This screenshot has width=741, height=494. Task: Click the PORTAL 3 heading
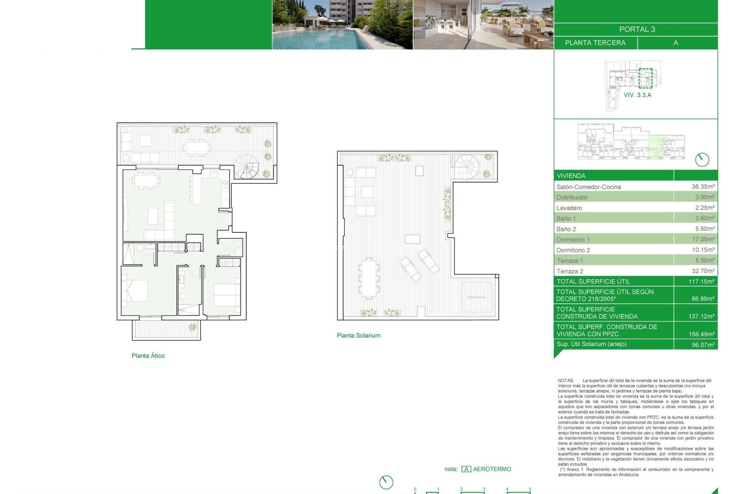[637, 29]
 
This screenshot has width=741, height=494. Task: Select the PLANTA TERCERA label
[595, 43]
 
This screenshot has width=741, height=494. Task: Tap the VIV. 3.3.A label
[637, 95]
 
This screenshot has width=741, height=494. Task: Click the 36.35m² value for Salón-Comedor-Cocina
[703, 186]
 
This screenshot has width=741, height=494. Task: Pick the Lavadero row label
[569, 208]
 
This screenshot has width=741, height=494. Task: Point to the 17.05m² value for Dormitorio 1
[703, 239]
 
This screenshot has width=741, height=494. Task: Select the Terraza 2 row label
[570, 271]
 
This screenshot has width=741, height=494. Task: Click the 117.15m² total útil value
[701, 281]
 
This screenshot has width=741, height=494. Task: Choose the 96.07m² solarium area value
[703, 345]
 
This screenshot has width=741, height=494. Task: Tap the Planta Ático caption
[148, 356]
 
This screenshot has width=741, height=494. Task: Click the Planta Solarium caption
[358, 335]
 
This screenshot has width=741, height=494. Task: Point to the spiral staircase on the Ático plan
[247, 167]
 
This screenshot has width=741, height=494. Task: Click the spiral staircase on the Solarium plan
[466, 166]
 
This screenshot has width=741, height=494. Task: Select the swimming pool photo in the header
[342, 25]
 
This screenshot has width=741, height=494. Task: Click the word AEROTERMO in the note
[492, 469]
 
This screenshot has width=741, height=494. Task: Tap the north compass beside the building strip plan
[702, 159]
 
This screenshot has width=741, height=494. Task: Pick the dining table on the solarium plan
[369, 277]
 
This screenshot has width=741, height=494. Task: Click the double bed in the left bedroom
[135, 291]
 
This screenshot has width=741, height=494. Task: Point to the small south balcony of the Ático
[166, 330]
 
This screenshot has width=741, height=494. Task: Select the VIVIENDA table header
[571, 176]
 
